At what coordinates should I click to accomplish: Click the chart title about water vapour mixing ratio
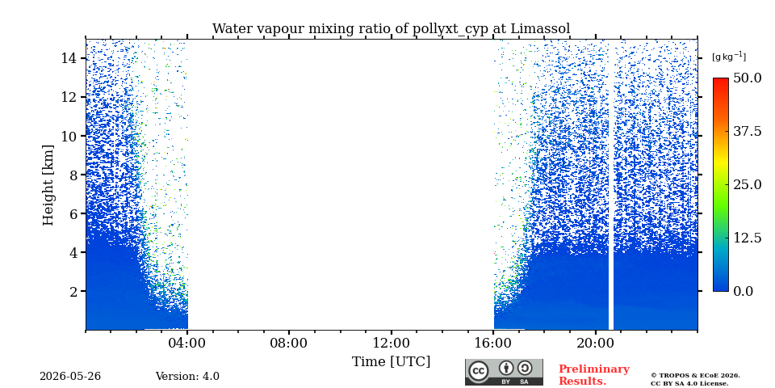pos(391,29)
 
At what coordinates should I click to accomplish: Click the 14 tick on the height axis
pos(68,58)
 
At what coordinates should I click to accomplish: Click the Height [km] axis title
pos(48,185)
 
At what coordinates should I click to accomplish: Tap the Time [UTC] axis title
pos(391,362)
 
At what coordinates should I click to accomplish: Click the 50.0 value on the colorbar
pos(748,78)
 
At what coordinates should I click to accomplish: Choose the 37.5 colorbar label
pos(748,131)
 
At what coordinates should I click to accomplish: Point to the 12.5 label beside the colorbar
pos(748,238)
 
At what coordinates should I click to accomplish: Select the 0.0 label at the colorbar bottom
pos(744,291)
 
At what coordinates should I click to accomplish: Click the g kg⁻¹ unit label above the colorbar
pos(729,57)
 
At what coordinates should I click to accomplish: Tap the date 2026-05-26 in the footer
pos(70,377)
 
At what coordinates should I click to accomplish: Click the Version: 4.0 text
pos(187,377)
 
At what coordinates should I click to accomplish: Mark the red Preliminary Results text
pos(594,375)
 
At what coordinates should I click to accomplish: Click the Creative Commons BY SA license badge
pos(504,372)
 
